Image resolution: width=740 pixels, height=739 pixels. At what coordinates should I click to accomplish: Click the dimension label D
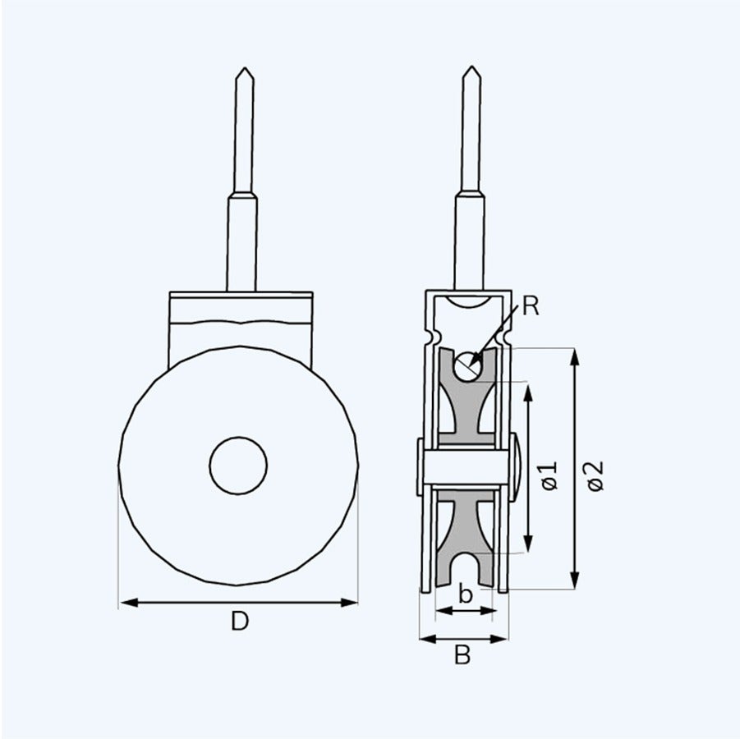click(x=238, y=622)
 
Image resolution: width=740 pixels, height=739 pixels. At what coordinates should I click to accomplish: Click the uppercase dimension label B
click(x=462, y=655)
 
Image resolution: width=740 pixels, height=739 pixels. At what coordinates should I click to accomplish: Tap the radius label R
click(x=531, y=307)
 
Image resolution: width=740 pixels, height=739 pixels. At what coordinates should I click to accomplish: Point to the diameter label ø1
click(x=549, y=475)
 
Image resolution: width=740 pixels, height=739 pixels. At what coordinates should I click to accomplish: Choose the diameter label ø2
click(x=595, y=475)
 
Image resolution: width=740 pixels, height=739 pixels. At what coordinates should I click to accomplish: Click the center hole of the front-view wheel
click(x=238, y=466)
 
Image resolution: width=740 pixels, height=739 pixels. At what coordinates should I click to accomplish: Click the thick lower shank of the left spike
click(x=242, y=242)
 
